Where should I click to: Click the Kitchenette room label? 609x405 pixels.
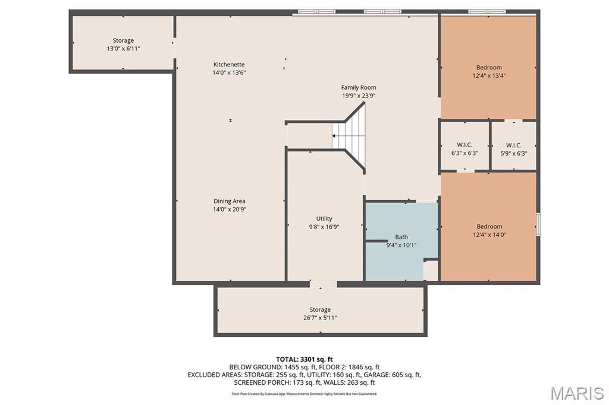(229, 64)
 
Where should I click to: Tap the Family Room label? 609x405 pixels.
(359, 87)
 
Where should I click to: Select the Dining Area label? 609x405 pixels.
(229, 201)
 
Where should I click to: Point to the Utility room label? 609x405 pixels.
(324, 219)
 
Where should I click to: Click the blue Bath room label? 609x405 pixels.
(401, 236)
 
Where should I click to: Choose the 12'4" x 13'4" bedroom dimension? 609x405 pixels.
(489, 75)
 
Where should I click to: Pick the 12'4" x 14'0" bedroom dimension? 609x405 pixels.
(489, 235)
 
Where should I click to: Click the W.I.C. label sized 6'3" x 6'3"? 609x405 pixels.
(464, 145)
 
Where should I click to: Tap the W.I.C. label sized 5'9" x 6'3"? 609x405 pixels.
(513, 145)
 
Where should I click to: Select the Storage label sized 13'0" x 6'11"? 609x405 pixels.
(123, 40)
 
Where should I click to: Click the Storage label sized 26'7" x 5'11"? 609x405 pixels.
(320, 309)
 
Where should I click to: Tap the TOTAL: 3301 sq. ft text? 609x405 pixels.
(304, 359)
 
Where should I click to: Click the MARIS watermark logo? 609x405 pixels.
(577, 393)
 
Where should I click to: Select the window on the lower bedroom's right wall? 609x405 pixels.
(538, 224)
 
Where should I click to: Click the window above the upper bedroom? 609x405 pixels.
(487, 12)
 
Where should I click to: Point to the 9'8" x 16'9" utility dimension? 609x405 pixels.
(324, 227)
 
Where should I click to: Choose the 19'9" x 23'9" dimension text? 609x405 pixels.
(359, 96)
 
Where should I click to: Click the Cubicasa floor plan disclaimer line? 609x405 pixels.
(304, 394)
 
